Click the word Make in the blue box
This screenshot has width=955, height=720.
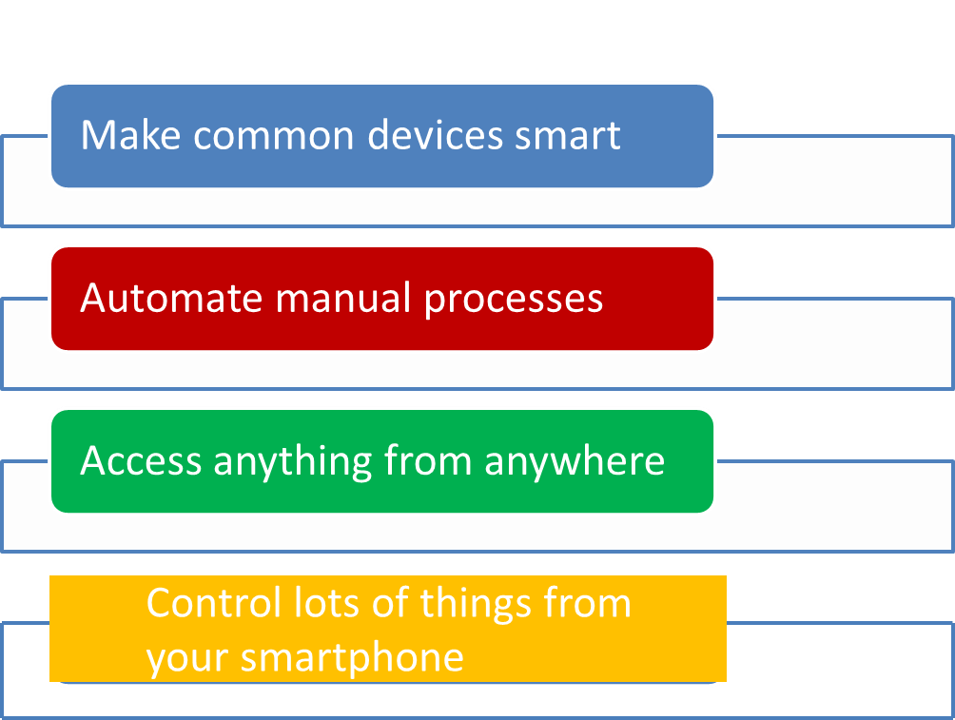point(130,135)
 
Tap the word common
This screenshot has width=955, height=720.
point(273,136)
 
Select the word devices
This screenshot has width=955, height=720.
point(436,135)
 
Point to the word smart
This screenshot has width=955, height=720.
point(568,136)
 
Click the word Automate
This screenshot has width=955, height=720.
point(171,298)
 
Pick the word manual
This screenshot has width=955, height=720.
point(343,298)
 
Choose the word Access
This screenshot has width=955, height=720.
point(141,460)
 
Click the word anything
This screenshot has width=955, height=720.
point(292,461)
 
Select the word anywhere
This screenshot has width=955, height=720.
point(575,461)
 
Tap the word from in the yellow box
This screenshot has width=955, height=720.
point(587,603)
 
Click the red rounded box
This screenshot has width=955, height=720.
point(382,299)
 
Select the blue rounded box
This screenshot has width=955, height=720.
point(382,136)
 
